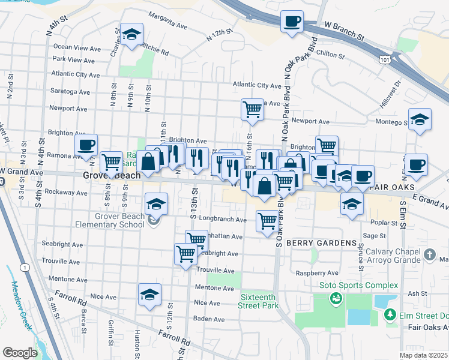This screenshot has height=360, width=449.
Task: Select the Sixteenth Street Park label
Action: click(259, 301)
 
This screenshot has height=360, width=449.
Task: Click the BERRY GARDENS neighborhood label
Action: click(321, 243)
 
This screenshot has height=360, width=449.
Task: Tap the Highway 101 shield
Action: click(384, 60)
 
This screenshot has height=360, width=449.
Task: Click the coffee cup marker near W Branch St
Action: click(292, 23)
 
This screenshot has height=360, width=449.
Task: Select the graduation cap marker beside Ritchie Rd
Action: click(131, 35)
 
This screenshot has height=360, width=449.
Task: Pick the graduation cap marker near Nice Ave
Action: click(150, 295)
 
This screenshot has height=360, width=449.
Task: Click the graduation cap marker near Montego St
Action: click(420, 119)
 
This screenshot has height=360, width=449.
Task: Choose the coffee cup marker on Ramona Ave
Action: click(86, 145)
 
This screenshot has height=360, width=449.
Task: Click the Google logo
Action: click(20, 352)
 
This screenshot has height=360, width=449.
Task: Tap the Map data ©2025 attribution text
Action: click(423, 355)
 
